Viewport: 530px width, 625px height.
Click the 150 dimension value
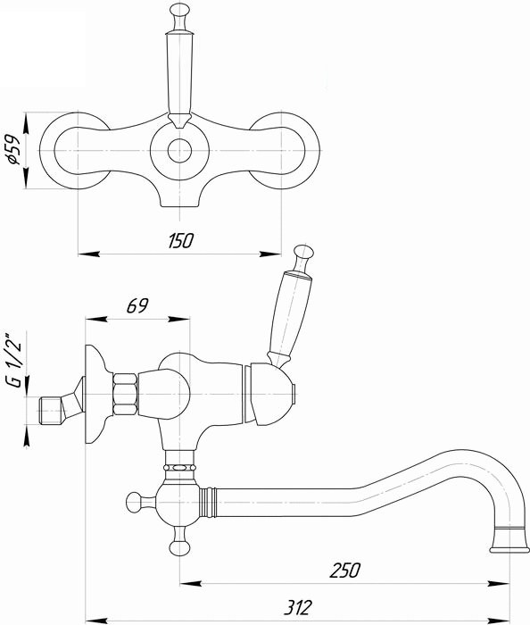coord(179,241)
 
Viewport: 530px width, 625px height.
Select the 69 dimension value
coord(137,306)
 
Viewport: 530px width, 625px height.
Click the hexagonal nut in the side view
coord(125,395)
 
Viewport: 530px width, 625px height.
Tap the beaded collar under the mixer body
coord(179,465)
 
